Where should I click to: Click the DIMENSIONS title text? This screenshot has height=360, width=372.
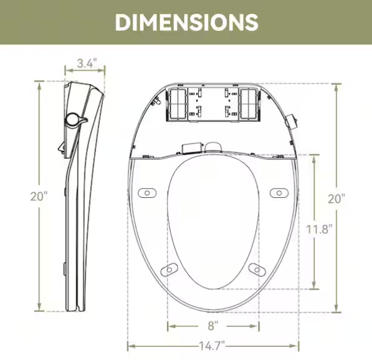point(186,22)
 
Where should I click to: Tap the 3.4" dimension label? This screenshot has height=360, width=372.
point(87,63)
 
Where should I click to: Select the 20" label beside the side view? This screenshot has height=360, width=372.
point(39,197)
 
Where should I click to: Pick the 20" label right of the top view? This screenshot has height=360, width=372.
point(336,198)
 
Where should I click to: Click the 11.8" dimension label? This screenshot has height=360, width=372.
point(319,230)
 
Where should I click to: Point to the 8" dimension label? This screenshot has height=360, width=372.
point(213,326)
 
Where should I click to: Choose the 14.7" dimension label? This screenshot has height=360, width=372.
point(212,346)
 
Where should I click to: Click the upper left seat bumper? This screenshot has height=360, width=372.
point(147,193)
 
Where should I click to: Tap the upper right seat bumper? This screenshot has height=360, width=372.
point(279,193)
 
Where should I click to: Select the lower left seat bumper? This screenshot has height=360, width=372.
point(169,270)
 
